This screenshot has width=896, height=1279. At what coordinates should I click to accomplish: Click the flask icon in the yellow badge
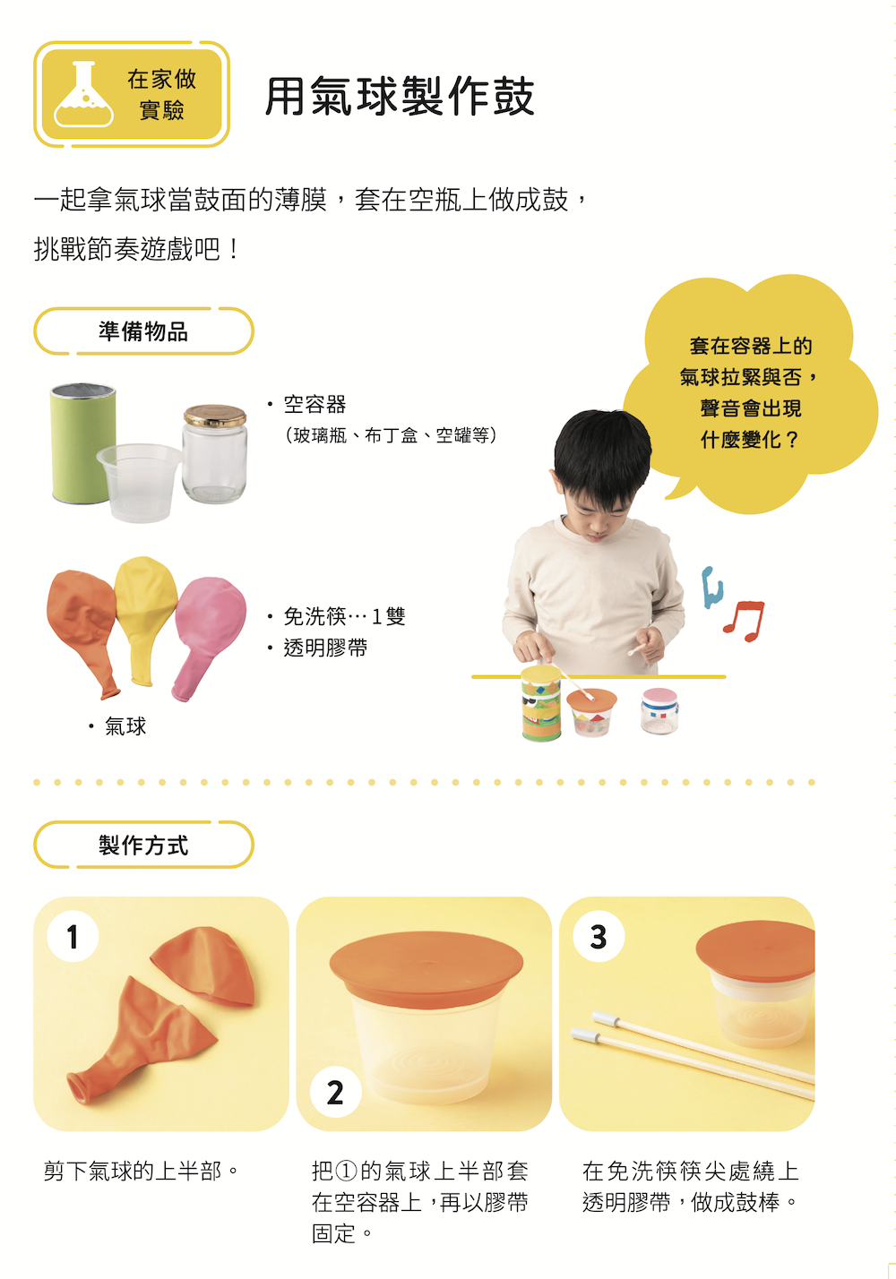tap(83, 94)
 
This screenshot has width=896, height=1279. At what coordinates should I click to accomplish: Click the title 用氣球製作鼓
tap(400, 96)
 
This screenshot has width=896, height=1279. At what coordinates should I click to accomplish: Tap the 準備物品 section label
tap(143, 331)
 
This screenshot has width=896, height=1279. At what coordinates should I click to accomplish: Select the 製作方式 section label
tap(143, 846)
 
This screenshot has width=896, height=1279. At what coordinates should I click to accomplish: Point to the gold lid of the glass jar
tap(215, 415)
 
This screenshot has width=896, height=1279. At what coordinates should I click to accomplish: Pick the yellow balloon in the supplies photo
tap(145, 620)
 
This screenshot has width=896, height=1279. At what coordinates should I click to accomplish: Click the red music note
tap(744, 622)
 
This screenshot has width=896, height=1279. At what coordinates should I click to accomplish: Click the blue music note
tap(711, 588)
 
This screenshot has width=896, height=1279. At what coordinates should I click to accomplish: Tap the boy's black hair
tap(602, 451)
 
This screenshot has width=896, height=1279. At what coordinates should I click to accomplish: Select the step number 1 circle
tap(73, 937)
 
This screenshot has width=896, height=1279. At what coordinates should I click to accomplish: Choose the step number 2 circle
tap(335, 1092)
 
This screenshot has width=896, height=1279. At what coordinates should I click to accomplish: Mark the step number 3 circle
tap(598, 937)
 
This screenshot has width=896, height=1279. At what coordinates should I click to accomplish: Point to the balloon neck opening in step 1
tap(79, 1090)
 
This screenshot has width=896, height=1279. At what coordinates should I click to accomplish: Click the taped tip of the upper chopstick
tap(606, 1018)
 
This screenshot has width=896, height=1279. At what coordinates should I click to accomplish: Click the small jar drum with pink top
tap(659, 711)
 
